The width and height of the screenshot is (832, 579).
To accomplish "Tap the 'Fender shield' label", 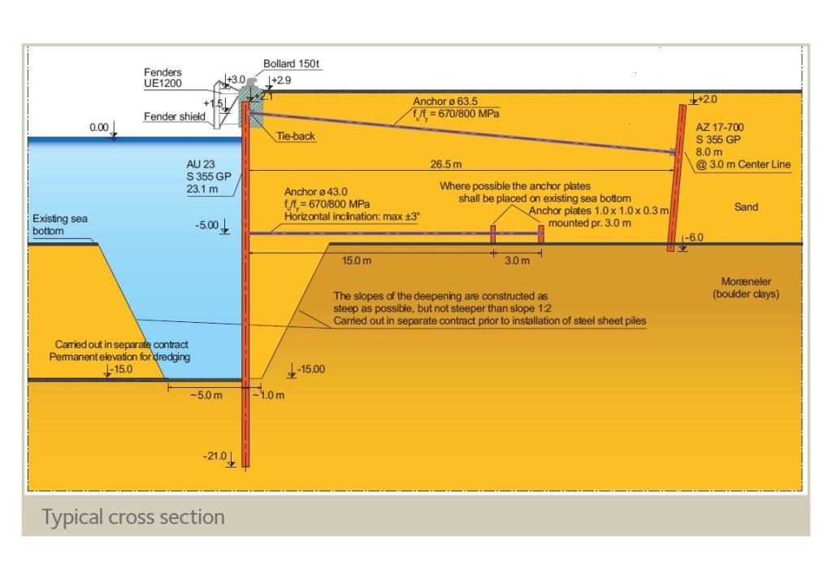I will [x=175, y=116].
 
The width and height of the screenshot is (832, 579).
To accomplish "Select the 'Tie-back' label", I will [x=296, y=137].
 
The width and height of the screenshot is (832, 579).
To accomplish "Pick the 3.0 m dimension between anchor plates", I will [x=517, y=261].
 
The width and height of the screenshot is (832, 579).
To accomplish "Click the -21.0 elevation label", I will [x=214, y=455].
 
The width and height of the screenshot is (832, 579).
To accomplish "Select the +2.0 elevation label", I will [x=708, y=98].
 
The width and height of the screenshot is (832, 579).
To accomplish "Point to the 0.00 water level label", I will [x=99, y=128].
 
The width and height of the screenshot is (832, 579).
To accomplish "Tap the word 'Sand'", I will [x=745, y=207].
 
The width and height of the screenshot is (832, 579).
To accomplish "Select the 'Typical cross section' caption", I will [x=133, y=516].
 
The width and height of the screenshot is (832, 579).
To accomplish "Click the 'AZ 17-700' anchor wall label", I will [x=719, y=128].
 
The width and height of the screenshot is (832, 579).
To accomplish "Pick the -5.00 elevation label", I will [x=207, y=225].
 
